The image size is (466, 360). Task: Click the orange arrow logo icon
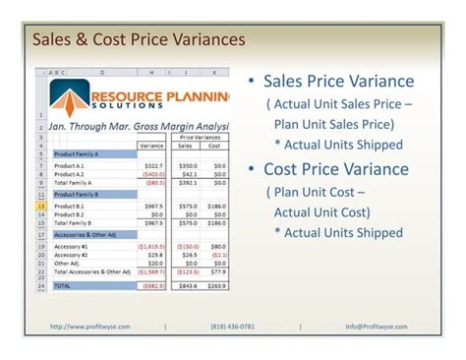pos(70,97)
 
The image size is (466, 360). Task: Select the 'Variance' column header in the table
pos(151,145)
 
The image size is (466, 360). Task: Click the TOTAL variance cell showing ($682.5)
pos(151,285)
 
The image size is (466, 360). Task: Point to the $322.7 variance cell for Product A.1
pos(154,165)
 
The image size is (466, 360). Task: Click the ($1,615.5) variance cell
pos(150,246)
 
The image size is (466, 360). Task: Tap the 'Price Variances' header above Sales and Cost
pos(201,137)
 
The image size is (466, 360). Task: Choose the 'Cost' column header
pos(216,145)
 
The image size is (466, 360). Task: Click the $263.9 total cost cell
pos(217,285)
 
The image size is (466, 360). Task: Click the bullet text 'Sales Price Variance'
pos(338,82)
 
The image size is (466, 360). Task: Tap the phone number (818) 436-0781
pos(233,326)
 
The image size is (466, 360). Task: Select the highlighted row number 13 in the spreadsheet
pos(40,206)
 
